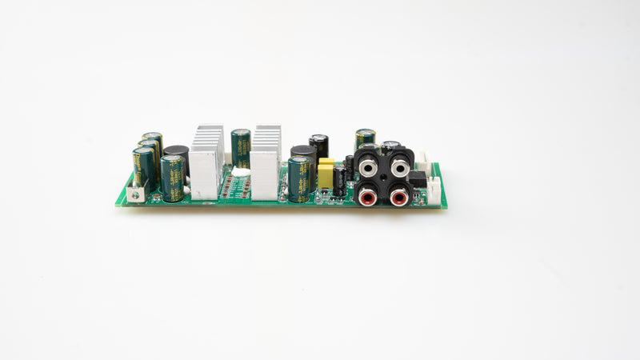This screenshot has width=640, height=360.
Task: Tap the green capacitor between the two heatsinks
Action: [240, 149]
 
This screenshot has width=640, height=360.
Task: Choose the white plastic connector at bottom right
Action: [434, 190]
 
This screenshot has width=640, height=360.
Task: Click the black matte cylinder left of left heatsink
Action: [178, 155]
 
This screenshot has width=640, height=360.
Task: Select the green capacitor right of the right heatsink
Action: [299, 180]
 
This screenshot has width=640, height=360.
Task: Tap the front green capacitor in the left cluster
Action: [172, 178]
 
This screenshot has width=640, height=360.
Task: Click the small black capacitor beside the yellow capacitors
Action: [340, 181]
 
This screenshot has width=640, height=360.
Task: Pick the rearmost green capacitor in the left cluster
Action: [153, 141]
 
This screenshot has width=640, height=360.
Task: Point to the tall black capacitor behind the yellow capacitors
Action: [319, 146]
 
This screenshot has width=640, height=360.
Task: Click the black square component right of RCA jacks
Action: [418, 178]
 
